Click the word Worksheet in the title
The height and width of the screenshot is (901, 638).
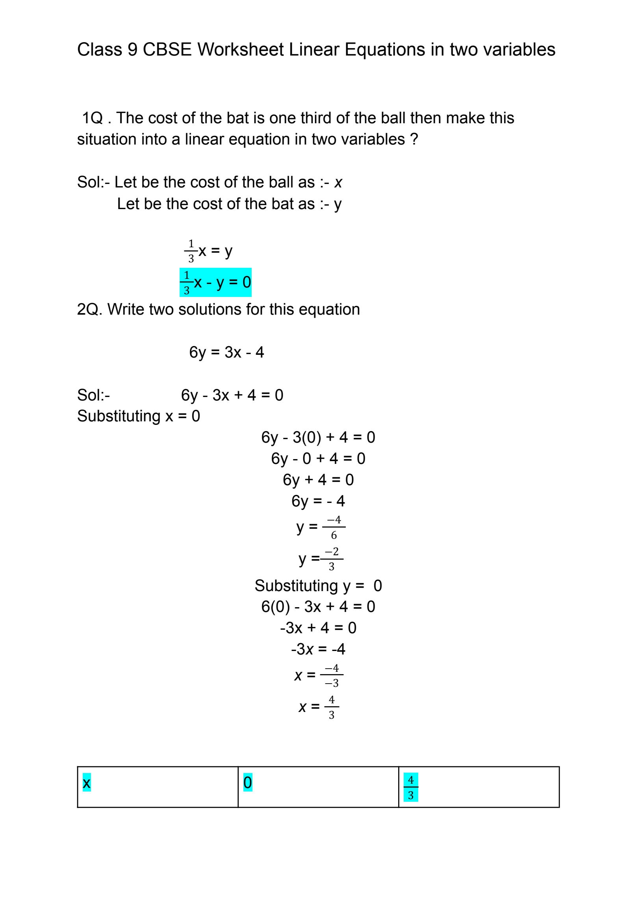pos(240,50)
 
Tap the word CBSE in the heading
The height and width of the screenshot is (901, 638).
pos(167,50)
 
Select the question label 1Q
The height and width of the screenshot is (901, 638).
pos(93,118)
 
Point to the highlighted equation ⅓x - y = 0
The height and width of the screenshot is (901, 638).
pos(215,282)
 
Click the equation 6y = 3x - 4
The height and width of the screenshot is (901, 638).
pos(226,352)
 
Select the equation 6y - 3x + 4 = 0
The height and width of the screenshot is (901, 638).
pos(232,395)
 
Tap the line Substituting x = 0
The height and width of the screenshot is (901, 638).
pos(139,416)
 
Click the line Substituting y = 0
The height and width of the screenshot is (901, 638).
pos(318,586)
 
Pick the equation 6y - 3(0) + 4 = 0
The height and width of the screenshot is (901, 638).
pos(318,438)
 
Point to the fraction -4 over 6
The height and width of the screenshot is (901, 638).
pos(334,527)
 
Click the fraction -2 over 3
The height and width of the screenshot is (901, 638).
pos(332,559)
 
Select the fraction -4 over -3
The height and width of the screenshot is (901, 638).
pos(332,675)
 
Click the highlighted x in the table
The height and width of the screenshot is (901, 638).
pos(87,782)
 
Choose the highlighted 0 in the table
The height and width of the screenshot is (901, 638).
pos(248,782)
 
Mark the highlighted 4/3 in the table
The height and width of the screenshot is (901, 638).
pos(411,787)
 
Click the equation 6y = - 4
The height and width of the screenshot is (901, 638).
pos(318,501)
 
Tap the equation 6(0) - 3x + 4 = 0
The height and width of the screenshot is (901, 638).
pos(318,606)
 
